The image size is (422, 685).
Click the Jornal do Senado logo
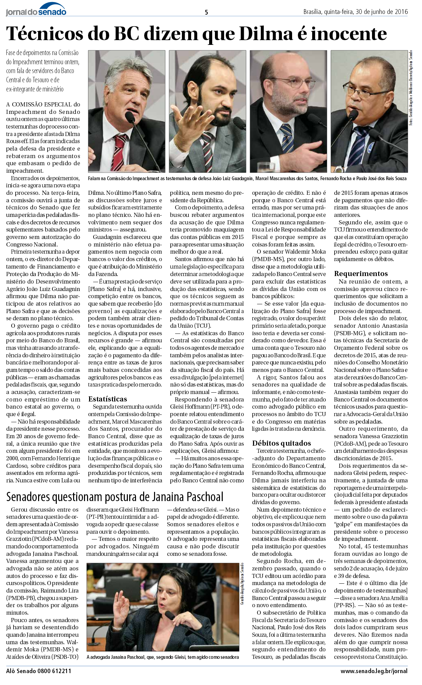click(x=36, y=10)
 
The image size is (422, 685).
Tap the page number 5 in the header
click(x=206, y=12)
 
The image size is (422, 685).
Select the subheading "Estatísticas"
click(x=107, y=399)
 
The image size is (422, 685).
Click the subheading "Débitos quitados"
click(x=282, y=443)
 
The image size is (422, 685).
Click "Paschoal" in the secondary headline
click(x=204, y=497)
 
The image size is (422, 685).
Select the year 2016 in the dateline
click(x=401, y=12)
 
